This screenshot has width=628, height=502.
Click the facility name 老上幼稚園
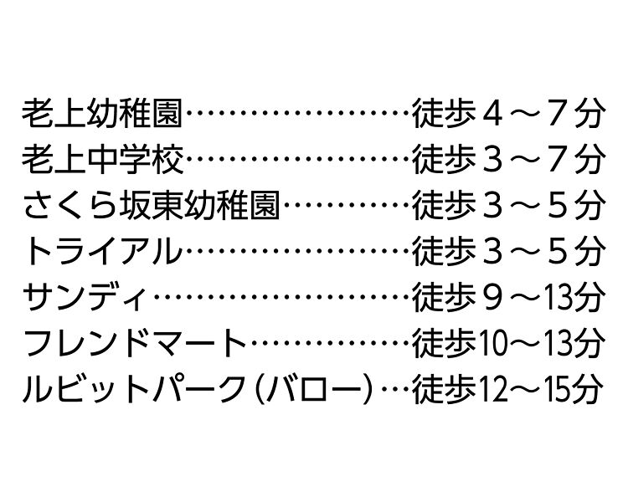(102, 113)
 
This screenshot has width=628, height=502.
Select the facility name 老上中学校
(102, 160)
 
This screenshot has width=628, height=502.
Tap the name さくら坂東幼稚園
(151, 206)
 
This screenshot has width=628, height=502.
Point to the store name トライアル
(103, 252)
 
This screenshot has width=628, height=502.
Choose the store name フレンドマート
(135, 344)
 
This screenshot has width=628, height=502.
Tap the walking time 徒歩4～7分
(507, 113)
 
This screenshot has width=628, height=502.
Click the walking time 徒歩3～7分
(507, 160)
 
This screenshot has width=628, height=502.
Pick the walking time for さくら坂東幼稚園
(507, 206)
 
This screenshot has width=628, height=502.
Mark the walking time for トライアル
(507, 252)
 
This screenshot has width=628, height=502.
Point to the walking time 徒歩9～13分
(507, 298)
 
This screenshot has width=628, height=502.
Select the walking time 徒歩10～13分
(507, 344)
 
